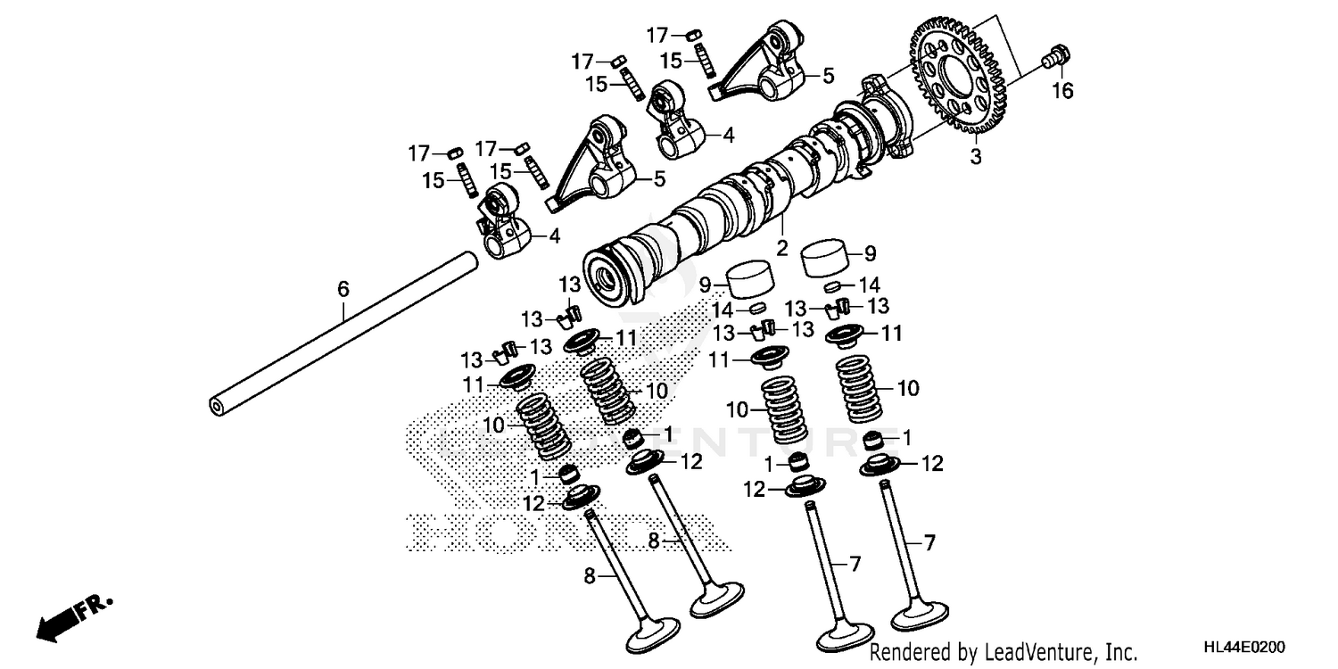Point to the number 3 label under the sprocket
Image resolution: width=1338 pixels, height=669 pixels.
click(x=975, y=158)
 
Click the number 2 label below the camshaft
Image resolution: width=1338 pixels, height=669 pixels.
click(x=781, y=248)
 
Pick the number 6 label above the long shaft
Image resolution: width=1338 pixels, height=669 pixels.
click(x=343, y=288)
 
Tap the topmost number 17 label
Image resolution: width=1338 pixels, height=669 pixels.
click(x=657, y=35)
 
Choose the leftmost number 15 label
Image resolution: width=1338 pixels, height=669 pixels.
click(x=434, y=181)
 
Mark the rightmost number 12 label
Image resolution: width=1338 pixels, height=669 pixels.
click(x=932, y=464)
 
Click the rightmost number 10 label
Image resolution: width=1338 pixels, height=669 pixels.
click(x=908, y=389)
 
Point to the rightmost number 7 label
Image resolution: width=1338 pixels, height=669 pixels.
click(x=929, y=541)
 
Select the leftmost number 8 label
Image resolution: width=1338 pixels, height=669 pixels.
click(x=588, y=576)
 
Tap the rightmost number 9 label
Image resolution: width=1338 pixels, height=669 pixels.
click(x=870, y=252)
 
